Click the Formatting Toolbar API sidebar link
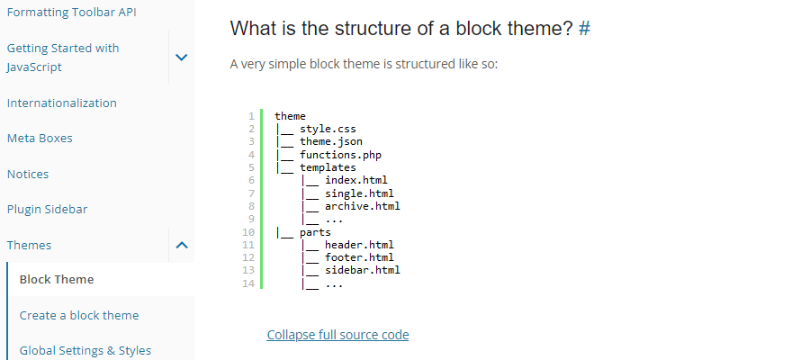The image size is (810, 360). (72, 12)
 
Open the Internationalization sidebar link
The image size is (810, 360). (62, 103)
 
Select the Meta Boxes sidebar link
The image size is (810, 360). (40, 138)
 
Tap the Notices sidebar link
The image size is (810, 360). (28, 174)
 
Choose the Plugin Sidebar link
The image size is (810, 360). (47, 209)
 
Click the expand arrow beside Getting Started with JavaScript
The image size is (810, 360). (181, 58)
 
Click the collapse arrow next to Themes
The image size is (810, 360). (182, 245)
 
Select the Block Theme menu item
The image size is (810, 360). (57, 279)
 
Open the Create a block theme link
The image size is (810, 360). (79, 315)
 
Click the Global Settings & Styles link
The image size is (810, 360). (85, 351)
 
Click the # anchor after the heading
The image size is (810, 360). (584, 29)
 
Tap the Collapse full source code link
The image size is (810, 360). (337, 335)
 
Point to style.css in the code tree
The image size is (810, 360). (328, 129)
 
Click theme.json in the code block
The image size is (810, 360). (331, 141)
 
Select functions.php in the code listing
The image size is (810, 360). (340, 155)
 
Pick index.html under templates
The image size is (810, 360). (356, 180)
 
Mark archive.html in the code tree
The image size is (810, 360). (363, 206)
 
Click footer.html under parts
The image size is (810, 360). (359, 257)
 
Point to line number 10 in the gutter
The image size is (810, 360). (248, 232)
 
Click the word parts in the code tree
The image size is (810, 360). (315, 233)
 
